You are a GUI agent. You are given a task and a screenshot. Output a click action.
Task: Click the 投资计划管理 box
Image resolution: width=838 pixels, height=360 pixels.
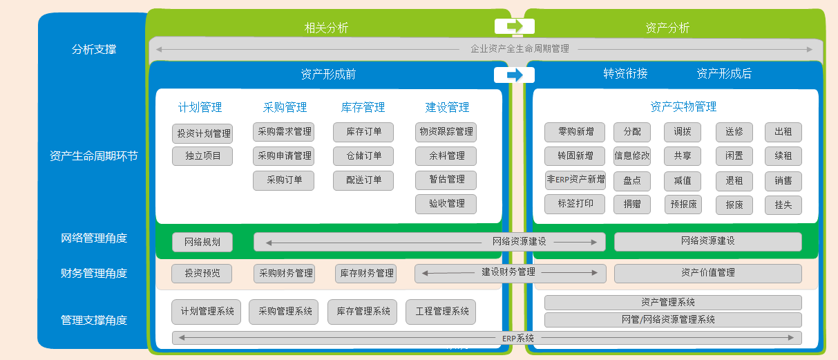pyautogui.click(x=202, y=133)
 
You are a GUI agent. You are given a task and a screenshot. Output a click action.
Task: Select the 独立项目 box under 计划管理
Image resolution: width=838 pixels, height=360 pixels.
pyautogui.click(x=202, y=156)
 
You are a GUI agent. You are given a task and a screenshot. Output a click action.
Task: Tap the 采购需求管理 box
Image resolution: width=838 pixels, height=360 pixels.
pyautogui.click(x=283, y=132)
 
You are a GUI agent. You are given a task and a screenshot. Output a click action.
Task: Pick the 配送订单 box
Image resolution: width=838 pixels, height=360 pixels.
pyautogui.click(x=363, y=180)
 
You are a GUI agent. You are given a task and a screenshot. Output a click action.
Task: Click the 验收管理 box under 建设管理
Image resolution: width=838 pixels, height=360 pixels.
pyautogui.click(x=446, y=204)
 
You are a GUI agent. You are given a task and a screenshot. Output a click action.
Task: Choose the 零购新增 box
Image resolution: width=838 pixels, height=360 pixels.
pyautogui.click(x=575, y=132)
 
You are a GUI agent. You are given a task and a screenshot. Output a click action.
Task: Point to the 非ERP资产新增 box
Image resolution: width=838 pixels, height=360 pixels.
pyautogui.click(x=575, y=180)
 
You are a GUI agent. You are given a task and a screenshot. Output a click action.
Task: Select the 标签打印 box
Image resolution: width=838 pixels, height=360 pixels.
pyautogui.click(x=575, y=204)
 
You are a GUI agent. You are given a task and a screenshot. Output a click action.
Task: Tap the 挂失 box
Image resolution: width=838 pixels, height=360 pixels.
pyautogui.click(x=783, y=205)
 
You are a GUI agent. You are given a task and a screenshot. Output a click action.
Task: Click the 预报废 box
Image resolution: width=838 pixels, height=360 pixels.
pyautogui.click(x=683, y=205)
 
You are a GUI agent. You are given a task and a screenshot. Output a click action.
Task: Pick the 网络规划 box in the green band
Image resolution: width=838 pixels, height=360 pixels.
pyautogui.click(x=202, y=242)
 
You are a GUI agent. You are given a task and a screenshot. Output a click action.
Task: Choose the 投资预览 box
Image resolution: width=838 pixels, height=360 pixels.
pyautogui.click(x=202, y=274)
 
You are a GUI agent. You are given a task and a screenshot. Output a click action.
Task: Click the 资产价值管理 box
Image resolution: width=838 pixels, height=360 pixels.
pyautogui.click(x=707, y=273)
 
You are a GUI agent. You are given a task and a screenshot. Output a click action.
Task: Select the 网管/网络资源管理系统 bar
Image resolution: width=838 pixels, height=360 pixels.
pyautogui.click(x=673, y=320)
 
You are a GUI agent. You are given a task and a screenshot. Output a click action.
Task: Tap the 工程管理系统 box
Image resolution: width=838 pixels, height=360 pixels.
pyautogui.click(x=442, y=312)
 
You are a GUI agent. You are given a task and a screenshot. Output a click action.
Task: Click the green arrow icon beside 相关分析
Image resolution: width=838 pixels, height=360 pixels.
pyautogui.click(x=515, y=26)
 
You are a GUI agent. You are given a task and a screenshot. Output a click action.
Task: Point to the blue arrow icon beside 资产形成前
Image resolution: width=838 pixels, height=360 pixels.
pyautogui.click(x=515, y=75)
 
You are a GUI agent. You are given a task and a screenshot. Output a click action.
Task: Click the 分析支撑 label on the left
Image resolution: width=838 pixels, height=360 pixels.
pyautogui.click(x=94, y=50)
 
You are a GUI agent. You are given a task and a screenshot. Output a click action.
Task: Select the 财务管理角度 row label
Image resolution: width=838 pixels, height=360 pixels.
pyautogui.click(x=94, y=274)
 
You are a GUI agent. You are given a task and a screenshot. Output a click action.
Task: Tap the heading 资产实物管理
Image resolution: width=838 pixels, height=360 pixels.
pyautogui.click(x=683, y=107)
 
